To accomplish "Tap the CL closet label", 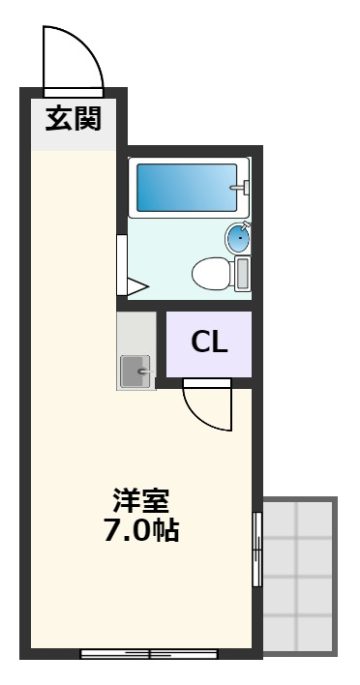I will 208,343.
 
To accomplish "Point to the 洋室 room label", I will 141,503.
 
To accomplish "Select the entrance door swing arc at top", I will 73,58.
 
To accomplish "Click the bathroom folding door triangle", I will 134,286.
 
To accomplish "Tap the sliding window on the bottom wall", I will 150,653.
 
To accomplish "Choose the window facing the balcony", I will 256,549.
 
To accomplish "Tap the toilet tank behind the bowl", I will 242,273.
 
